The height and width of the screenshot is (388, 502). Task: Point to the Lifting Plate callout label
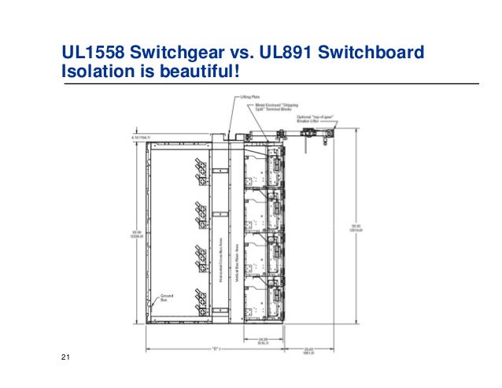coord(251,96)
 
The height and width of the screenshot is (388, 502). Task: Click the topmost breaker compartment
coord(264,165)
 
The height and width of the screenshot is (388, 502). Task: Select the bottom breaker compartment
coord(264,303)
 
